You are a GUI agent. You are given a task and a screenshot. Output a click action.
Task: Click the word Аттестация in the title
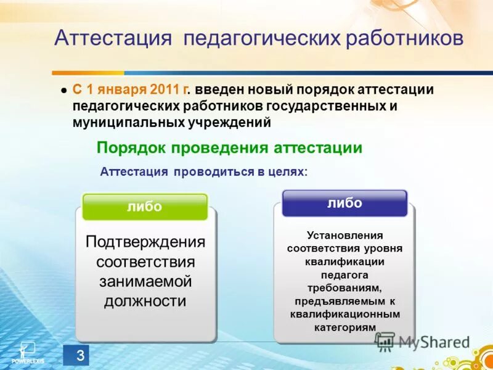[112, 39]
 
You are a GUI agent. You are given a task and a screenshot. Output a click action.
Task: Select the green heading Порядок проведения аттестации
[229, 148]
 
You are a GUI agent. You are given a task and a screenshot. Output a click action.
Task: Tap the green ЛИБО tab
[145, 207]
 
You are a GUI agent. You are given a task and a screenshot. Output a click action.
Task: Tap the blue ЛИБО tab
[344, 203]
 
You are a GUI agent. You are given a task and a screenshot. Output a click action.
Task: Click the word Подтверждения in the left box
[145, 242]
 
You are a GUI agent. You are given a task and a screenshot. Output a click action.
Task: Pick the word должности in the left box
[145, 301]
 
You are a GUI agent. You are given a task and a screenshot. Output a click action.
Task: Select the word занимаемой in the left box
[145, 281]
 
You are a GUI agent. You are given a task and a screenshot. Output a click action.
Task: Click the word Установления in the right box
[344, 235]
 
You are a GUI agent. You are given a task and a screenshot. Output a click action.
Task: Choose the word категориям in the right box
[344, 327]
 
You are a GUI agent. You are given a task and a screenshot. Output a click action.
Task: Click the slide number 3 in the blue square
[78, 355]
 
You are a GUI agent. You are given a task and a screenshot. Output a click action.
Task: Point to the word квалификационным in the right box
[344, 314]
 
